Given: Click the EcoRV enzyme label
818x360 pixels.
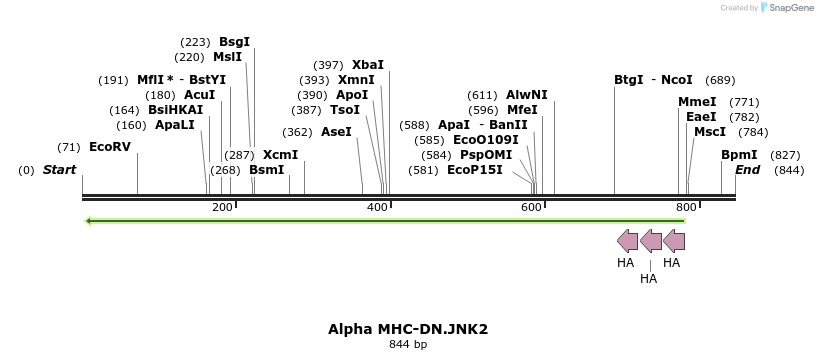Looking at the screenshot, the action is click(x=110, y=147).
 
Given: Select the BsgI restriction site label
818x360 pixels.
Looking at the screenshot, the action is click(x=234, y=42).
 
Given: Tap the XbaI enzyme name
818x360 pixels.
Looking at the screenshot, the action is click(x=368, y=65).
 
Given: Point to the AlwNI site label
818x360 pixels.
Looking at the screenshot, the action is click(x=527, y=95).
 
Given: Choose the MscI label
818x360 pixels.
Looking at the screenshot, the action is click(x=710, y=132).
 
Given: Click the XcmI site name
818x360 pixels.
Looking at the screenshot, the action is click(x=280, y=155).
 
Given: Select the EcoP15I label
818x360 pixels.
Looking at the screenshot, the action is click(x=475, y=170).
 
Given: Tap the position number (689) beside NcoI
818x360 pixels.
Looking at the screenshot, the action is click(x=720, y=80).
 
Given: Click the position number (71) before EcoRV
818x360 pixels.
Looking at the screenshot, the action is click(x=69, y=147).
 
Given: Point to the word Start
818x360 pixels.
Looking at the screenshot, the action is click(x=59, y=170).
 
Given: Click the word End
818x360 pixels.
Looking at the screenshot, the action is click(x=748, y=170).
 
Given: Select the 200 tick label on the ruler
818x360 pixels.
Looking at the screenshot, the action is click(x=222, y=207).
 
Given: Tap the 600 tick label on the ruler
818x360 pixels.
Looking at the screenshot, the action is click(x=531, y=207).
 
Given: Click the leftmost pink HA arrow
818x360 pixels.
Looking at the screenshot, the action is click(x=627, y=241).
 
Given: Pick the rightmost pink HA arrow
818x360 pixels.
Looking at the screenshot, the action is click(x=674, y=241).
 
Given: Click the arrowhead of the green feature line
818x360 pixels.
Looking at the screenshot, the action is click(x=89, y=220).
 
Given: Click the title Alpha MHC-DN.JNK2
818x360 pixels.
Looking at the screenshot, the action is click(x=408, y=328).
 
